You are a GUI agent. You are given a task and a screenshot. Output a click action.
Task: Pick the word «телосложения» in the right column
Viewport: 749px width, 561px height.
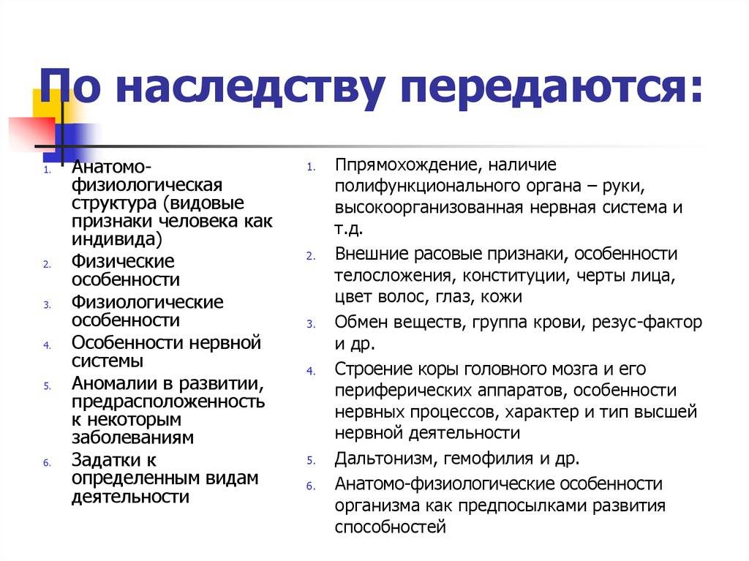(x=393, y=276)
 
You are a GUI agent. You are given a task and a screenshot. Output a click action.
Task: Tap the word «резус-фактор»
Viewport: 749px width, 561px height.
(x=647, y=322)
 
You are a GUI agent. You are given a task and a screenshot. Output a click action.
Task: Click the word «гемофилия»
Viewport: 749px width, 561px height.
(x=489, y=459)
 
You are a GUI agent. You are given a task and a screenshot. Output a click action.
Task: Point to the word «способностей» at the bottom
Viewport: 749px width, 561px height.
(x=391, y=527)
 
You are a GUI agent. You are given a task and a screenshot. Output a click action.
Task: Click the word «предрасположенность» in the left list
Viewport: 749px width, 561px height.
(x=168, y=402)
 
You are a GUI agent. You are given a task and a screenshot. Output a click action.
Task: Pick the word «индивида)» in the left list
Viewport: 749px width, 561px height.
(x=117, y=239)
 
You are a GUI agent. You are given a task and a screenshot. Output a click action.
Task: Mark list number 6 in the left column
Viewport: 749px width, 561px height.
(x=47, y=462)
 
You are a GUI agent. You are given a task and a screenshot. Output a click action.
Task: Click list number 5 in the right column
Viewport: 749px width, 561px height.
(x=311, y=461)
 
